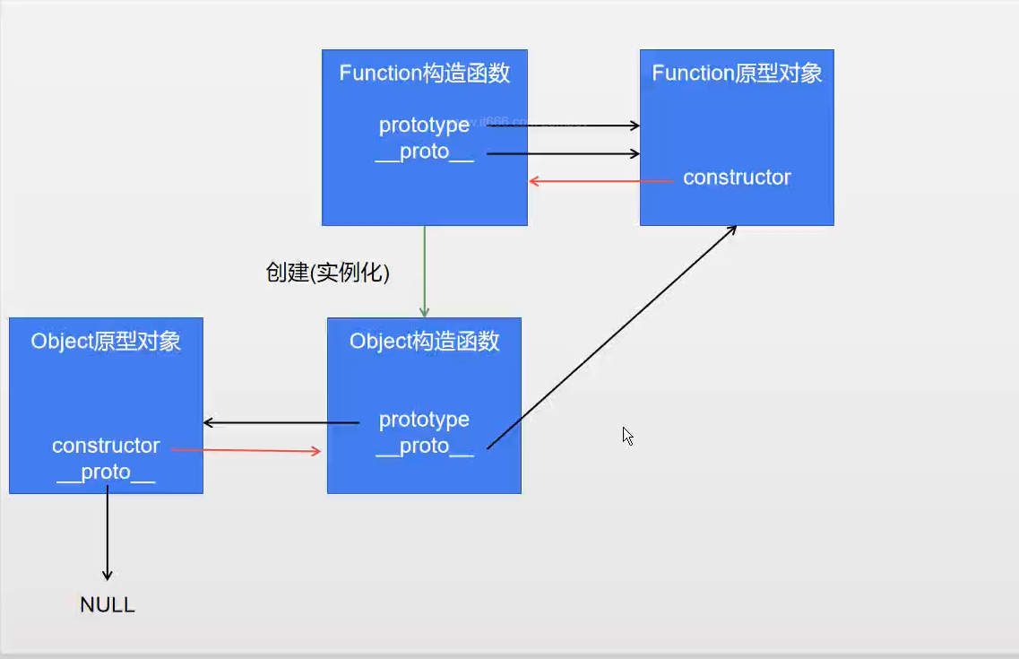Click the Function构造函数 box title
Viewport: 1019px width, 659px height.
click(x=425, y=74)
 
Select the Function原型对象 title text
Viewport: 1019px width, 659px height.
click(x=737, y=74)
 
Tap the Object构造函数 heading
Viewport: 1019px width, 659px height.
click(x=425, y=342)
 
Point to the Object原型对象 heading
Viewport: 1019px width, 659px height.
click(x=106, y=342)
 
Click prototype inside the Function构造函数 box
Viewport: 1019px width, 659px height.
click(x=424, y=126)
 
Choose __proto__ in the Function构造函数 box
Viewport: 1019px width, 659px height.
click(x=424, y=152)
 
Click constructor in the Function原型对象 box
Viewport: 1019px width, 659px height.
click(x=737, y=178)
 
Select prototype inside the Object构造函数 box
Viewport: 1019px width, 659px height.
click(x=424, y=420)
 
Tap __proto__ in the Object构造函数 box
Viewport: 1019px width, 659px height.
click(x=424, y=447)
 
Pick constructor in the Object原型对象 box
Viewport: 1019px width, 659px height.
click(x=106, y=446)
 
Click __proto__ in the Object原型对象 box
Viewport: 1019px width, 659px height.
click(x=106, y=473)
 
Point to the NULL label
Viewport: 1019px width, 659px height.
click(x=108, y=605)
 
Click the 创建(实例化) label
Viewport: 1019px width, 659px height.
click(x=328, y=273)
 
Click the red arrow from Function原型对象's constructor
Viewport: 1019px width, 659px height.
click(x=600, y=181)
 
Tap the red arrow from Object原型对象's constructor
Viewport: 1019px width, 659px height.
click(x=246, y=450)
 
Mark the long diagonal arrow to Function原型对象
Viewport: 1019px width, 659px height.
click(x=611, y=336)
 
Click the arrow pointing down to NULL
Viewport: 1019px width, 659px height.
click(x=108, y=533)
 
